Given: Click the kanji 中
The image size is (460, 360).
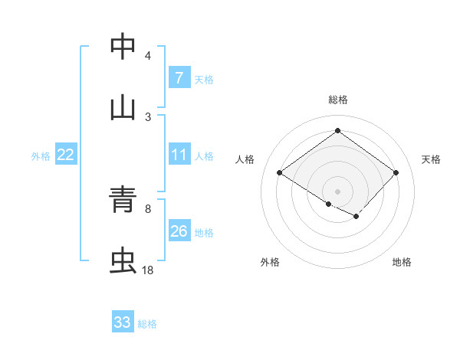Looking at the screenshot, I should (123, 47).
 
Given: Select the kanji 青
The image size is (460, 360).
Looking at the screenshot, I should (123, 200).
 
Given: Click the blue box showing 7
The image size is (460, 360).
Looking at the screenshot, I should (179, 78).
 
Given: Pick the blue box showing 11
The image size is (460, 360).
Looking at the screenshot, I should (179, 155).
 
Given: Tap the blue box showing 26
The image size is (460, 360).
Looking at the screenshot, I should (179, 231).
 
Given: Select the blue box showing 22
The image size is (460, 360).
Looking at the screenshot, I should (66, 155).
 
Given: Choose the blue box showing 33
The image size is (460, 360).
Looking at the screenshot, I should (123, 322).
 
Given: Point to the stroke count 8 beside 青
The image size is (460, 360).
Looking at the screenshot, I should (147, 208).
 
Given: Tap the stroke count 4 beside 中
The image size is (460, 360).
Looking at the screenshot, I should (147, 55).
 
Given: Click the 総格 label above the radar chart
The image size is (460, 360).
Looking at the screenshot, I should (337, 100).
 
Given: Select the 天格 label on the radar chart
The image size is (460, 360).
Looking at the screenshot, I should (431, 159).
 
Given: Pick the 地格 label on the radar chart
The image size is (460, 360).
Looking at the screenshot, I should (402, 262).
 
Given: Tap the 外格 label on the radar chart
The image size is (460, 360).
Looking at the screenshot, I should (270, 262).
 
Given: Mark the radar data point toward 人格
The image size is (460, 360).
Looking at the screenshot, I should (280, 173).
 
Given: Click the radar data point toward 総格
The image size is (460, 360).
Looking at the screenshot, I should (337, 131).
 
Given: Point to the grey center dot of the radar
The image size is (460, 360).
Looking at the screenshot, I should (337, 191).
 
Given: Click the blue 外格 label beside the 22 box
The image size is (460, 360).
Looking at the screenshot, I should (41, 156).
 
